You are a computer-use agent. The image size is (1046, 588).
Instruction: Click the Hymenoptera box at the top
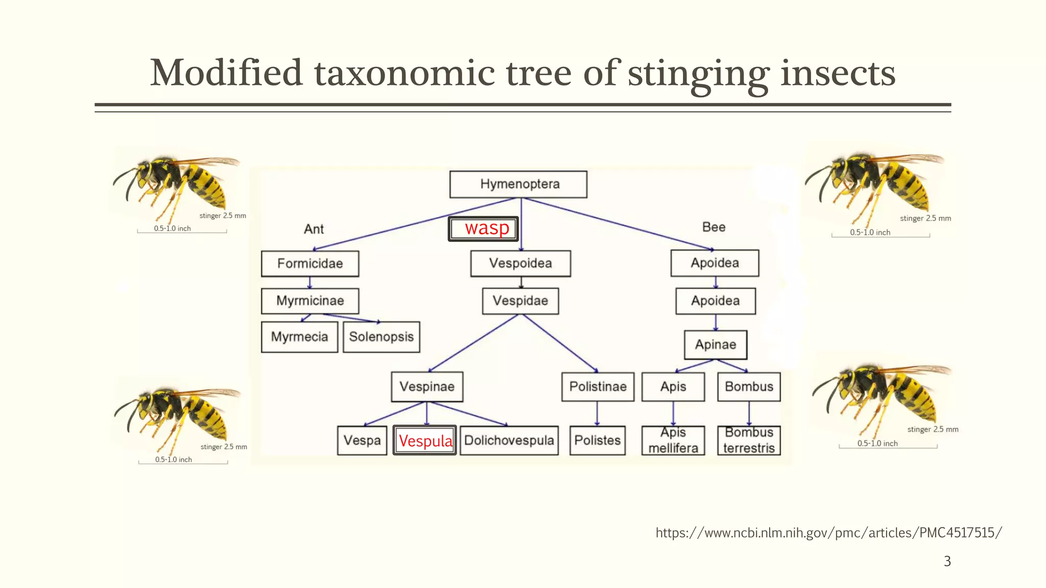[518, 184]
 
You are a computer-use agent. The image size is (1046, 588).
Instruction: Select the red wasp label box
[484, 229]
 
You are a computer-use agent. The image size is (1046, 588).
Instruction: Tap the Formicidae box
[310, 263]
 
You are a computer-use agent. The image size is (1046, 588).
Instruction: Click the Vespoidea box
[520, 263]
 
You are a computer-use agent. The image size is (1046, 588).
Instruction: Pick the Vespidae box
[520, 301]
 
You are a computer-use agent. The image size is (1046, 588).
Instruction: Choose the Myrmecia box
[299, 337]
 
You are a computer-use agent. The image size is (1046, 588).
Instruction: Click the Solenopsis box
[382, 337]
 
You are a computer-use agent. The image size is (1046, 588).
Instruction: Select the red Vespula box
[425, 440]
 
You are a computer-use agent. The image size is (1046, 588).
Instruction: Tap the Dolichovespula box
[509, 440]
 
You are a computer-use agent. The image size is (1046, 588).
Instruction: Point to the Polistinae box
[598, 386]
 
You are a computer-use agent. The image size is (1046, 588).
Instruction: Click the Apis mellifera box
[673, 440]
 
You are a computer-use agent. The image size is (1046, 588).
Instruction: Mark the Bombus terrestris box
[749, 440]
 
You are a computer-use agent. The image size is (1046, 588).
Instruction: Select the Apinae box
[716, 345]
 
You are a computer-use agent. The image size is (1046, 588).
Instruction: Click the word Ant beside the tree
[314, 229]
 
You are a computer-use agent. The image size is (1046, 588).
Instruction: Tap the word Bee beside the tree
[714, 227]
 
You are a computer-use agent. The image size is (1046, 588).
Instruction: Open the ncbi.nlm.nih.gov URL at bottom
[828, 533]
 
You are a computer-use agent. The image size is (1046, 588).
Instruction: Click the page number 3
[947, 561]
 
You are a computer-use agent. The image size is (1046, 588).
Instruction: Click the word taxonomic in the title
[404, 73]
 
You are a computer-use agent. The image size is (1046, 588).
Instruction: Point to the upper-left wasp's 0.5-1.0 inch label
[173, 229]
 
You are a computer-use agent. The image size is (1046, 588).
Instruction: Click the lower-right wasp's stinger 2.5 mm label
[933, 429]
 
